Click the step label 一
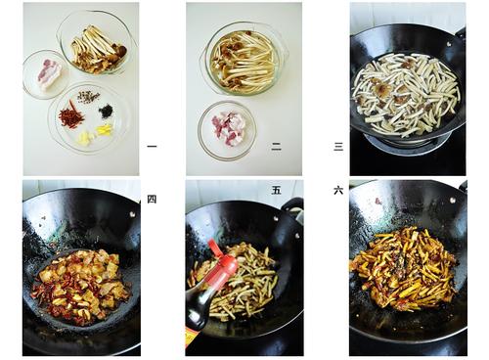[x=152, y=146]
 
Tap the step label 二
[x=276, y=147]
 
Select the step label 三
[x=338, y=147]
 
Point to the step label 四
[x=152, y=199]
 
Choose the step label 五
[x=276, y=191]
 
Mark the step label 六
[x=338, y=191]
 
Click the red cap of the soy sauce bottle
[x=223, y=262]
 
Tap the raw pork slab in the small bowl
[x=49, y=74]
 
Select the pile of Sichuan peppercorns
[x=88, y=97]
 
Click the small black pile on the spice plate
[x=107, y=111]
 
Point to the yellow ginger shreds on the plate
[x=105, y=129]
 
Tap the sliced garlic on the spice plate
[x=84, y=137]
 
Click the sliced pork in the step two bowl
[x=228, y=129]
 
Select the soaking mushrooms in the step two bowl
[x=244, y=60]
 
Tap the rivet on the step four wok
[x=132, y=214]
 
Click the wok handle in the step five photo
[x=293, y=207]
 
